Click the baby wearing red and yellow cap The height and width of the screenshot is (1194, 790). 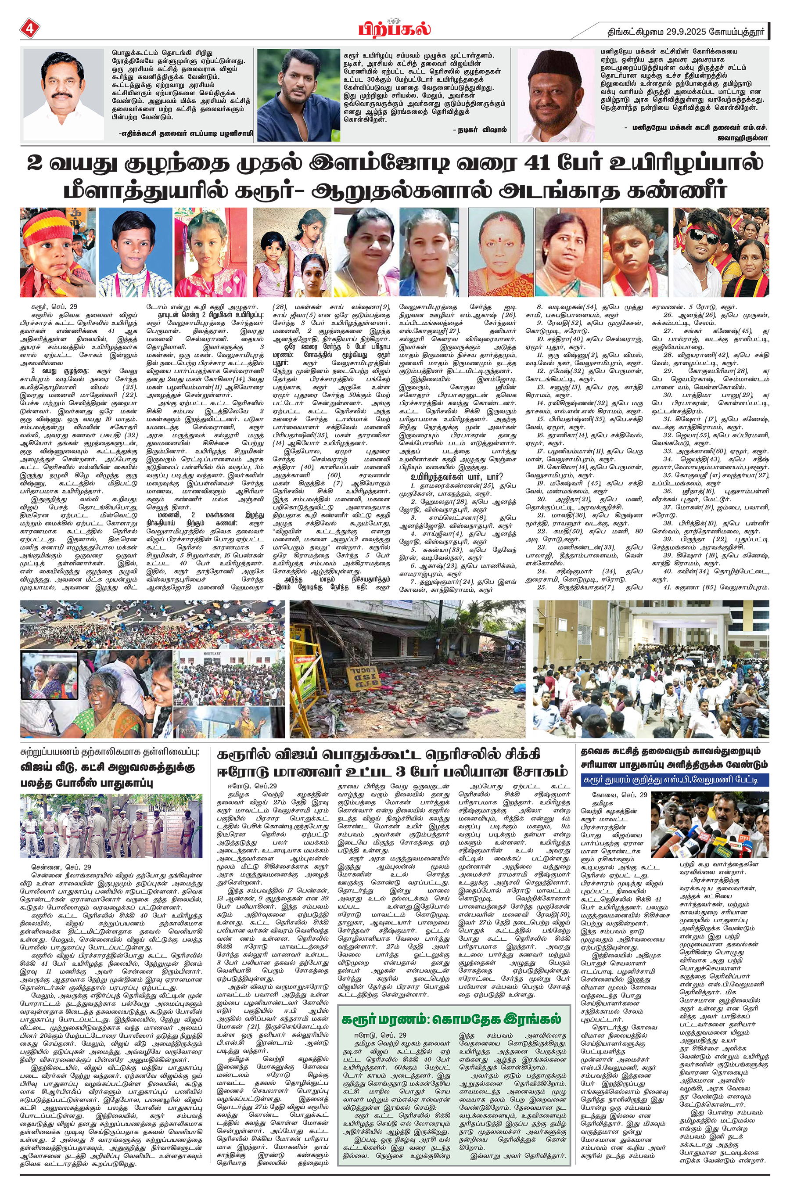[57, 252]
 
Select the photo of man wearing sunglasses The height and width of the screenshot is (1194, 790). [721, 252]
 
